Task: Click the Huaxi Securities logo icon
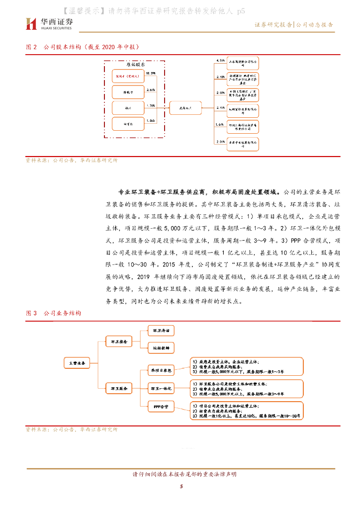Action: tap(31, 23)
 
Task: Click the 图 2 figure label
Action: tap(31, 47)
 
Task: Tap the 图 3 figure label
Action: tap(31, 314)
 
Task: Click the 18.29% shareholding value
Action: tap(151, 73)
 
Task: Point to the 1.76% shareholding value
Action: tap(152, 105)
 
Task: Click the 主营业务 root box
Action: tap(77, 363)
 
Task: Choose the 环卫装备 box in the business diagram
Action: tap(118, 341)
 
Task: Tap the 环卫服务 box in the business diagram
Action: tap(118, 388)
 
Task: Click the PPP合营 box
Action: tap(161, 407)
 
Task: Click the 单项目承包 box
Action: tap(161, 370)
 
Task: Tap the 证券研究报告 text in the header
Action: tap(273, 24)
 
